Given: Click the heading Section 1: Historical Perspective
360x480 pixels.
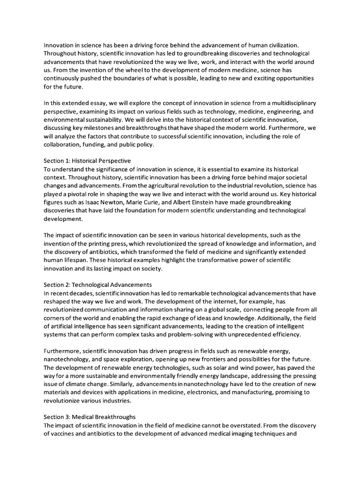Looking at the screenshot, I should [x=87, y=160].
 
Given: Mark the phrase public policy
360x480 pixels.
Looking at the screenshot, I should [x=140, y=144].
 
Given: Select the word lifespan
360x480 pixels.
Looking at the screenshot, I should [x=73, y=260].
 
